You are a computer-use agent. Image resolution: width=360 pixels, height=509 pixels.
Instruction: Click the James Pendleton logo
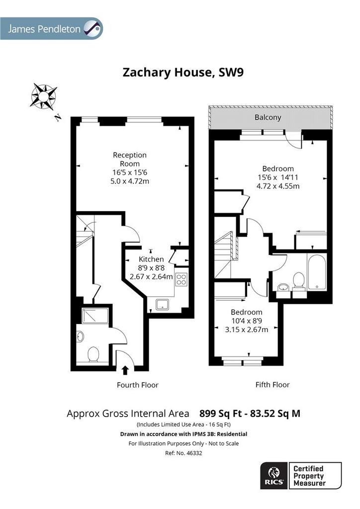(51, 28)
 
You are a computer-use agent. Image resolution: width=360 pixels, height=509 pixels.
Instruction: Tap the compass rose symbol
(43, 96)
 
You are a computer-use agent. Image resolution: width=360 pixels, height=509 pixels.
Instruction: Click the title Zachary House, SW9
(183, 72)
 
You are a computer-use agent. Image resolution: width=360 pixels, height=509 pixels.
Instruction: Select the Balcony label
(268, 117)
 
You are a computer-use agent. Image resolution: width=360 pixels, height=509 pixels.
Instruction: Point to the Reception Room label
(130, 160)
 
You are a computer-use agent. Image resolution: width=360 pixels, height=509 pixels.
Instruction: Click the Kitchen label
(151, 259)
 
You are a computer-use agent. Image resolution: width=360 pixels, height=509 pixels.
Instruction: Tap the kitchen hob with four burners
(181, 280)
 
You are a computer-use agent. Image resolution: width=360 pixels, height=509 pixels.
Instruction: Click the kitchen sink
(162, 305)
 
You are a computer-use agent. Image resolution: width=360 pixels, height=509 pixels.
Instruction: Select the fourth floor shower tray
(95, 316)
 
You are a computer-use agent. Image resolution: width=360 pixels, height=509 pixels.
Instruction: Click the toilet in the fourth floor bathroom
(93, 354)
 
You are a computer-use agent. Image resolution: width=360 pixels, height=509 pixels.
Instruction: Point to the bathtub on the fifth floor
(317, 272)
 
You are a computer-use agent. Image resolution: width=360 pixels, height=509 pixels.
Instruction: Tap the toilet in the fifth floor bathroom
(299, 282)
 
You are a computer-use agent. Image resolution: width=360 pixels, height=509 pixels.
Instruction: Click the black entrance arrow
(125, 370)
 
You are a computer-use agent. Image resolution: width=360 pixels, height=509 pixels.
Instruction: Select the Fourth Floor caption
(138, 385)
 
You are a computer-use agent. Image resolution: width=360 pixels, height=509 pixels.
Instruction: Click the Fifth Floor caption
(272, 385)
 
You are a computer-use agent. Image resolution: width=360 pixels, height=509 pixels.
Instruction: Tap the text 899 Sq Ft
(221, 414)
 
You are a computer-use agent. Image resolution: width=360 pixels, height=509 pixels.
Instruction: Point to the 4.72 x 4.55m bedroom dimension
(278, 186)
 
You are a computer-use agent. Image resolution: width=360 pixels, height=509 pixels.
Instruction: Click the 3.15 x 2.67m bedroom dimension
(247, 330)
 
